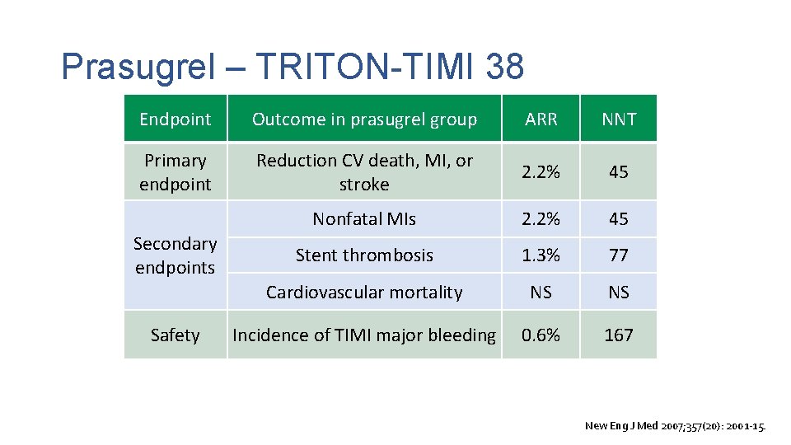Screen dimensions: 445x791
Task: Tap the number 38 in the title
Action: tap(504, 67)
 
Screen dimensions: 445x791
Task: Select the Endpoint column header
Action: tap(175, 119)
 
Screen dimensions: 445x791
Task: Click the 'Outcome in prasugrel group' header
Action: tap(364, 119)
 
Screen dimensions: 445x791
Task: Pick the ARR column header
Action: tap(541, 119)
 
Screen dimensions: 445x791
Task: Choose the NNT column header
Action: tap(618, 119)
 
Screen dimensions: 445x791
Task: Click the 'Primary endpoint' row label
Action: tap(175, 171)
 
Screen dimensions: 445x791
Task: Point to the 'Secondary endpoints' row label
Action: tap(175, 255)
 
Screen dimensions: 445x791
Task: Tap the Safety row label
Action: tap(175, 335)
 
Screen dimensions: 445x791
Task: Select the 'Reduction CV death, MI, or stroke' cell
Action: tap(364, 171)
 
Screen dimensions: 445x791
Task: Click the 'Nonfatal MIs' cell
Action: tap(364, 219)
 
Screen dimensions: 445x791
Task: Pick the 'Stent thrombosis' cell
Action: tap(364, 255)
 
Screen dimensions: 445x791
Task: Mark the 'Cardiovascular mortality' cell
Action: tap(364, 292)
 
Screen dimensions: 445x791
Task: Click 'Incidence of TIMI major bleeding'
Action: tap(364, 335)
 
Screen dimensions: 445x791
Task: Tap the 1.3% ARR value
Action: tap(541, 255)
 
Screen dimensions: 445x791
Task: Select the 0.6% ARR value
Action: tap(541, 335)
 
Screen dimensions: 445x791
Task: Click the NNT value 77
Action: tap(618, 255)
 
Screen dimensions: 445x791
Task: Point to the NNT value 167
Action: tap(618, 335)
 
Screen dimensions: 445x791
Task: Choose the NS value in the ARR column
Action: tap(541, 292)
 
